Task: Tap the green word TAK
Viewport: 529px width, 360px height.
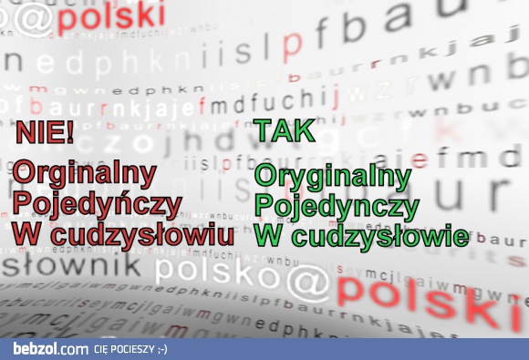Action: pos(285,131)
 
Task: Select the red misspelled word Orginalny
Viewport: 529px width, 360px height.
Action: pos(84,173)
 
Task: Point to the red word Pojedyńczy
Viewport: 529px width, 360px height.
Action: pos(97,203)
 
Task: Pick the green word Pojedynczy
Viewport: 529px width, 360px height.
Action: pos(336,207)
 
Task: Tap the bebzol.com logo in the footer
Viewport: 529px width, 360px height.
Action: pos(50,349)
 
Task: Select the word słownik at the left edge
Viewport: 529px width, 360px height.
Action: pos(71,267)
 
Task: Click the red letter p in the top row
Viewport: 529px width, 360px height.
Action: pos(293,42)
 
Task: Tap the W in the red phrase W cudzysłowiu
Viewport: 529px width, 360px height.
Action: pos(26,234)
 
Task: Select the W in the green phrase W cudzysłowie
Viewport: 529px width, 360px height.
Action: pos(270,237)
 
